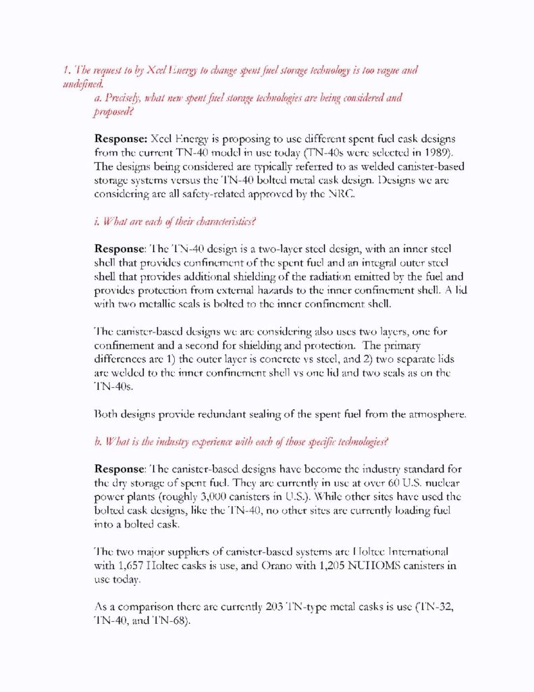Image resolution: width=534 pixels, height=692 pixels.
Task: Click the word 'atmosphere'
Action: tap(433, 414)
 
